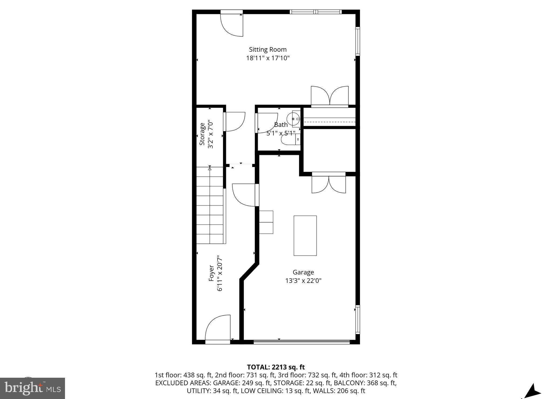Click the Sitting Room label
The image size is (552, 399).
point(268,50)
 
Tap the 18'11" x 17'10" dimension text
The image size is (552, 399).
point(268,58)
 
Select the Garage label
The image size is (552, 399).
point(303,272)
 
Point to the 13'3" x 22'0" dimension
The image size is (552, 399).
point(303,281)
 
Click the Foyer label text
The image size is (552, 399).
point(211,273)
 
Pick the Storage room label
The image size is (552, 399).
point(202,134)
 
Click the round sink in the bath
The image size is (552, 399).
point(293,119)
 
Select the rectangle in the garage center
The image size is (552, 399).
point(305,235)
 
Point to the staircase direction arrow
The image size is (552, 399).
point(210,169)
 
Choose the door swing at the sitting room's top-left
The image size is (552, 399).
point(232,25)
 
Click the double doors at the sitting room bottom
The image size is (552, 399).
point(330,96)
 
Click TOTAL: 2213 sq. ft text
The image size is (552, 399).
point(276,367)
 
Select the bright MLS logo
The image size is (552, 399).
point(32,388)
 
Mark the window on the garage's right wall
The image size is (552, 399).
point(358,320)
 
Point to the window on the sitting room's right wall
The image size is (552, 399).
point(358,41)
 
